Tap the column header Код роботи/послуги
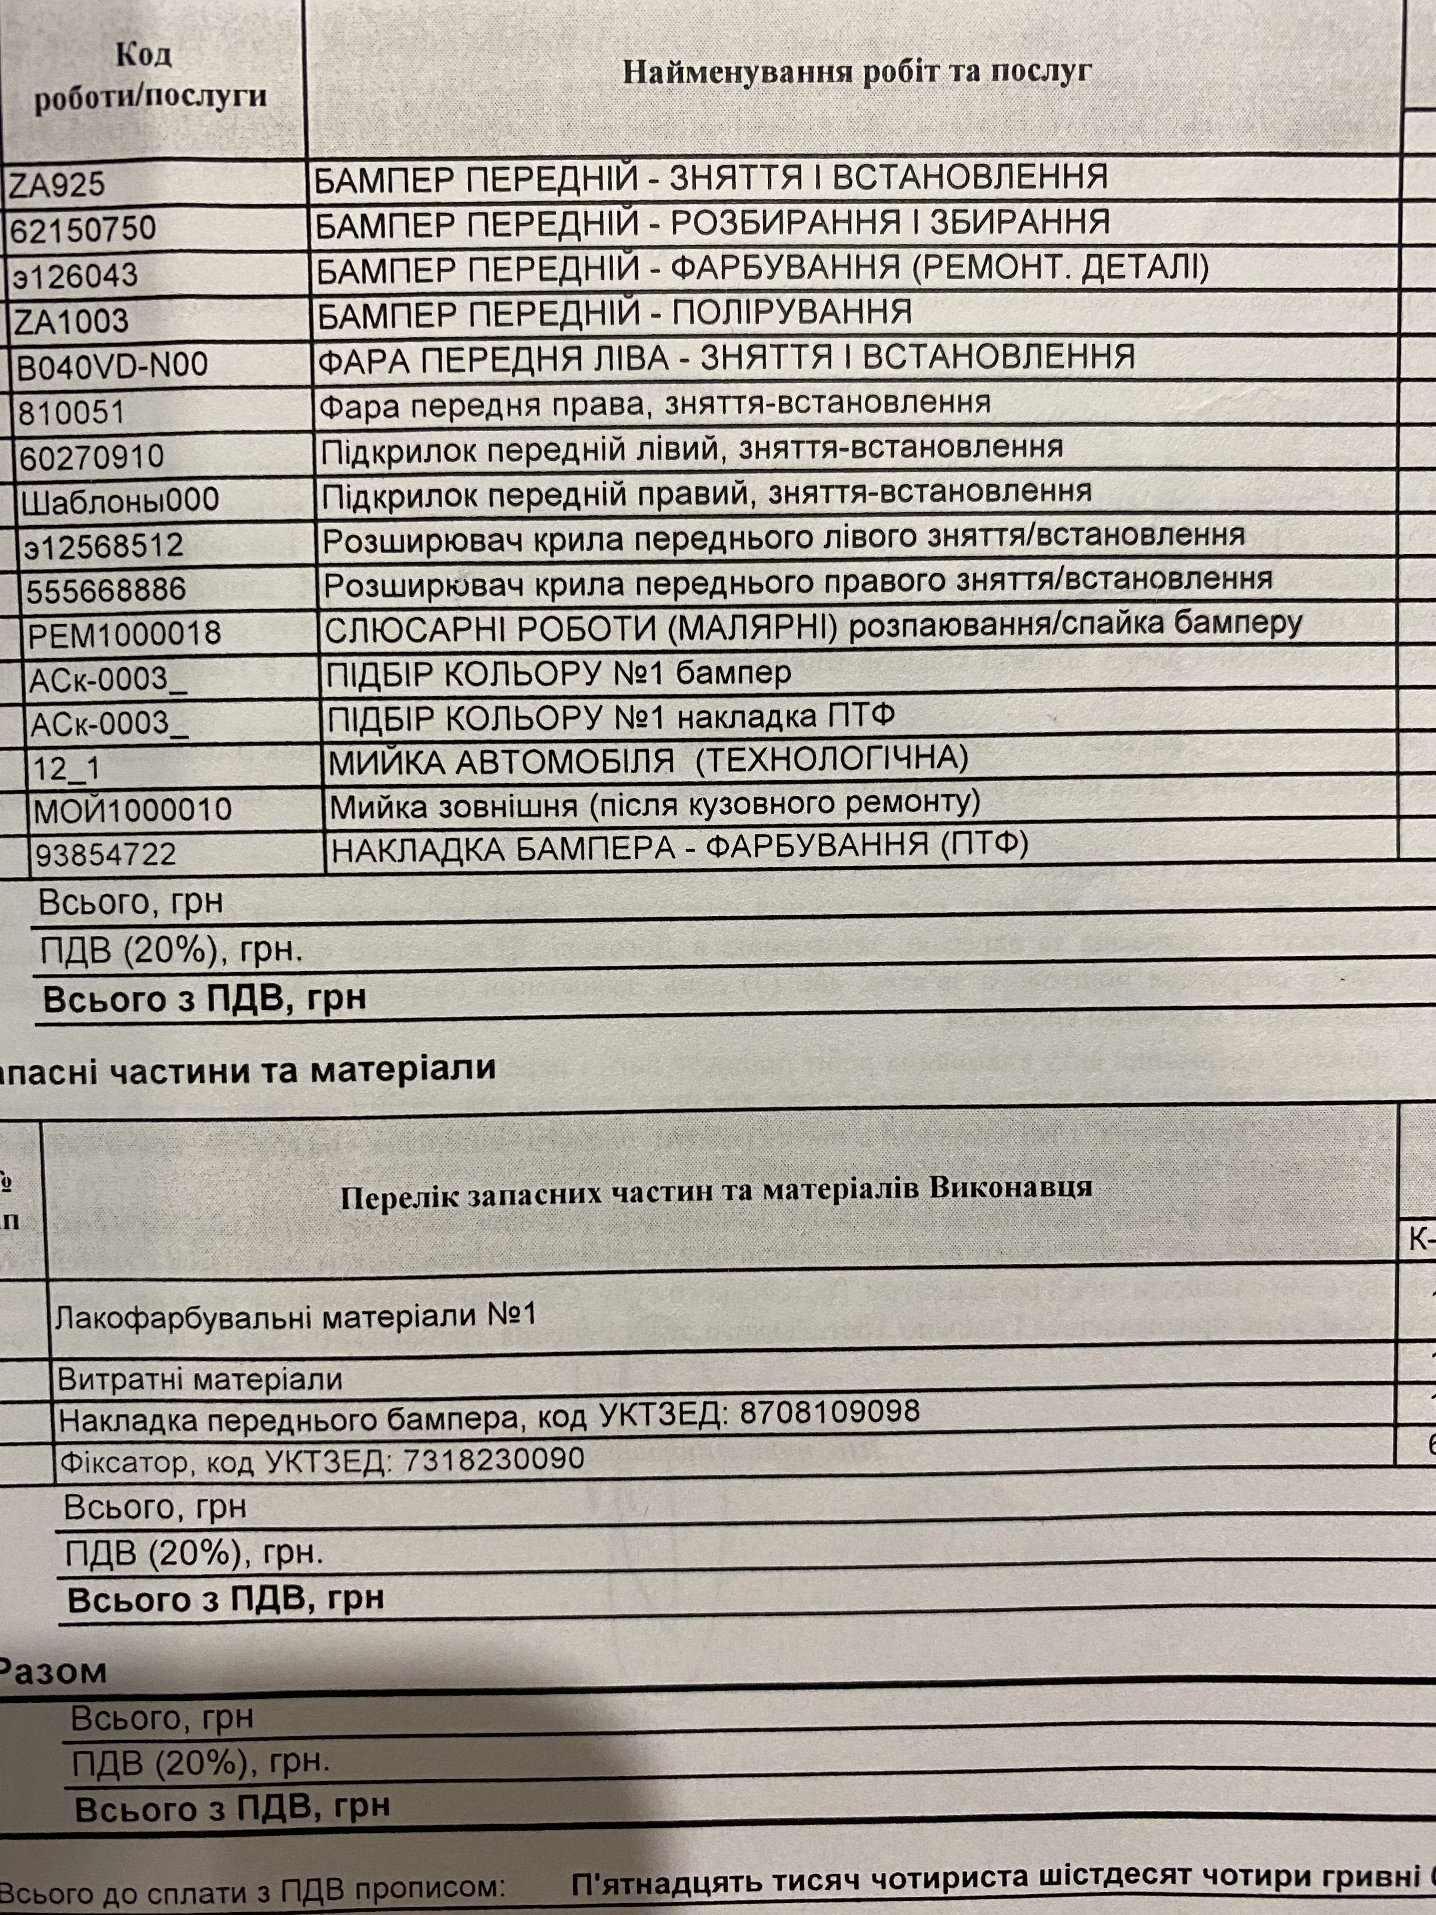(x=149, y=76)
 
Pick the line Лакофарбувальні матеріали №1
(x=296, y=1317)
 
